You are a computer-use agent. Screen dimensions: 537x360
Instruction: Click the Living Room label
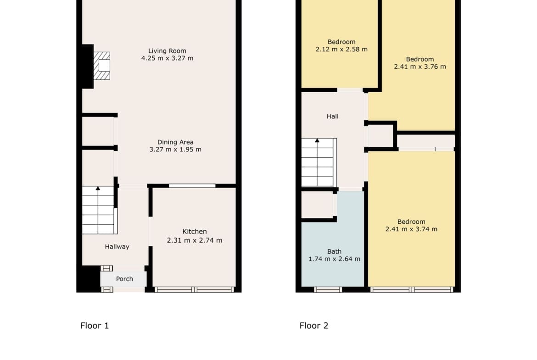[x=167, y=51]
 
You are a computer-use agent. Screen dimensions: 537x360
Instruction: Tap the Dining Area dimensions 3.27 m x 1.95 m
[x=175, y=150]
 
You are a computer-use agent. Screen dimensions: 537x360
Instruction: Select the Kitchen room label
[x=195, y=232]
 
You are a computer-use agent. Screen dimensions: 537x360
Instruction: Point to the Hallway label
[x=117, y=247]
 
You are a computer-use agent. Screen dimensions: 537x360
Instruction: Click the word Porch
[x=124, y=279]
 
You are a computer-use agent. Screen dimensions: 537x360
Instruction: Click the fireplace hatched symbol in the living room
[x=102, y=66]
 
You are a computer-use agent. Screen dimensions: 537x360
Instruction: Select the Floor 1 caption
[x=95, y=326]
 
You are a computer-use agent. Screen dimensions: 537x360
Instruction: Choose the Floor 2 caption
[x=313, y=326]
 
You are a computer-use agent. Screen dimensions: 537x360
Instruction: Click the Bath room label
[x=334, y=251]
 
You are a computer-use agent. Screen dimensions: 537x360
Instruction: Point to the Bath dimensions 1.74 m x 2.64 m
[x=334, y=259]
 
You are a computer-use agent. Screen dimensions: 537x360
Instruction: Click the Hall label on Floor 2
[x=333, y=116]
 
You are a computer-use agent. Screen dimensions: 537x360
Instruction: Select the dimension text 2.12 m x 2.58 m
[x=341, y=49]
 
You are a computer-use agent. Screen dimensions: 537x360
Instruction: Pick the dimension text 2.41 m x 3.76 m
[x=420, y=67]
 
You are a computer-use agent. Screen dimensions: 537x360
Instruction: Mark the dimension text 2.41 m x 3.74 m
[x=411, y=229]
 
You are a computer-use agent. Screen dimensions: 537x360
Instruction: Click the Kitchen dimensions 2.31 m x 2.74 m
[x=195, y=241]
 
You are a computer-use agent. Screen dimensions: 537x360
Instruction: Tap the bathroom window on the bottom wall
[x=328, y=289]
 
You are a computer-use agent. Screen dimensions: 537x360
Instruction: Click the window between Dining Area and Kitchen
[x=192, y=186]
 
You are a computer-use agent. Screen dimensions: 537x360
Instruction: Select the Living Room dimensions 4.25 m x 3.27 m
[x=167, y=58]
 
